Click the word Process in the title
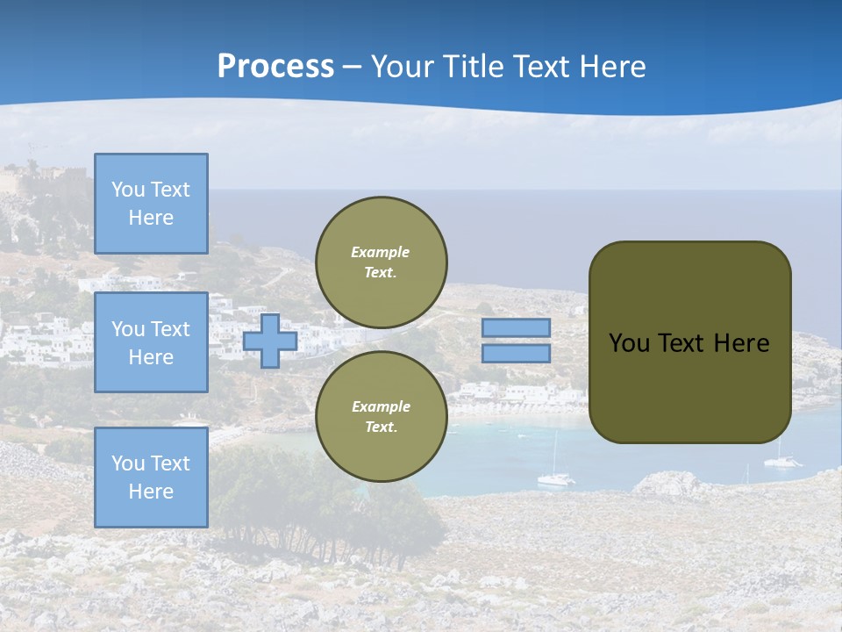pos(275,67)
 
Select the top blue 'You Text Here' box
pos(151,204)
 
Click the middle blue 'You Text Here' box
pos(151,342)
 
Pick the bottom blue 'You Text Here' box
pos(151,478)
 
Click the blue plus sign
pos(270,341)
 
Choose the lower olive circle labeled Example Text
pos(381,417)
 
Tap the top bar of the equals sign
pos(516,328)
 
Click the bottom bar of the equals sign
pos(516,354)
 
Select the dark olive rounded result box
pos(689,386)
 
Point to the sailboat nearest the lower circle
pos(554,476)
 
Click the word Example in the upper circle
pos(381,252)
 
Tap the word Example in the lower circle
pos(381,406)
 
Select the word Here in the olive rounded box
pos(741,343)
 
